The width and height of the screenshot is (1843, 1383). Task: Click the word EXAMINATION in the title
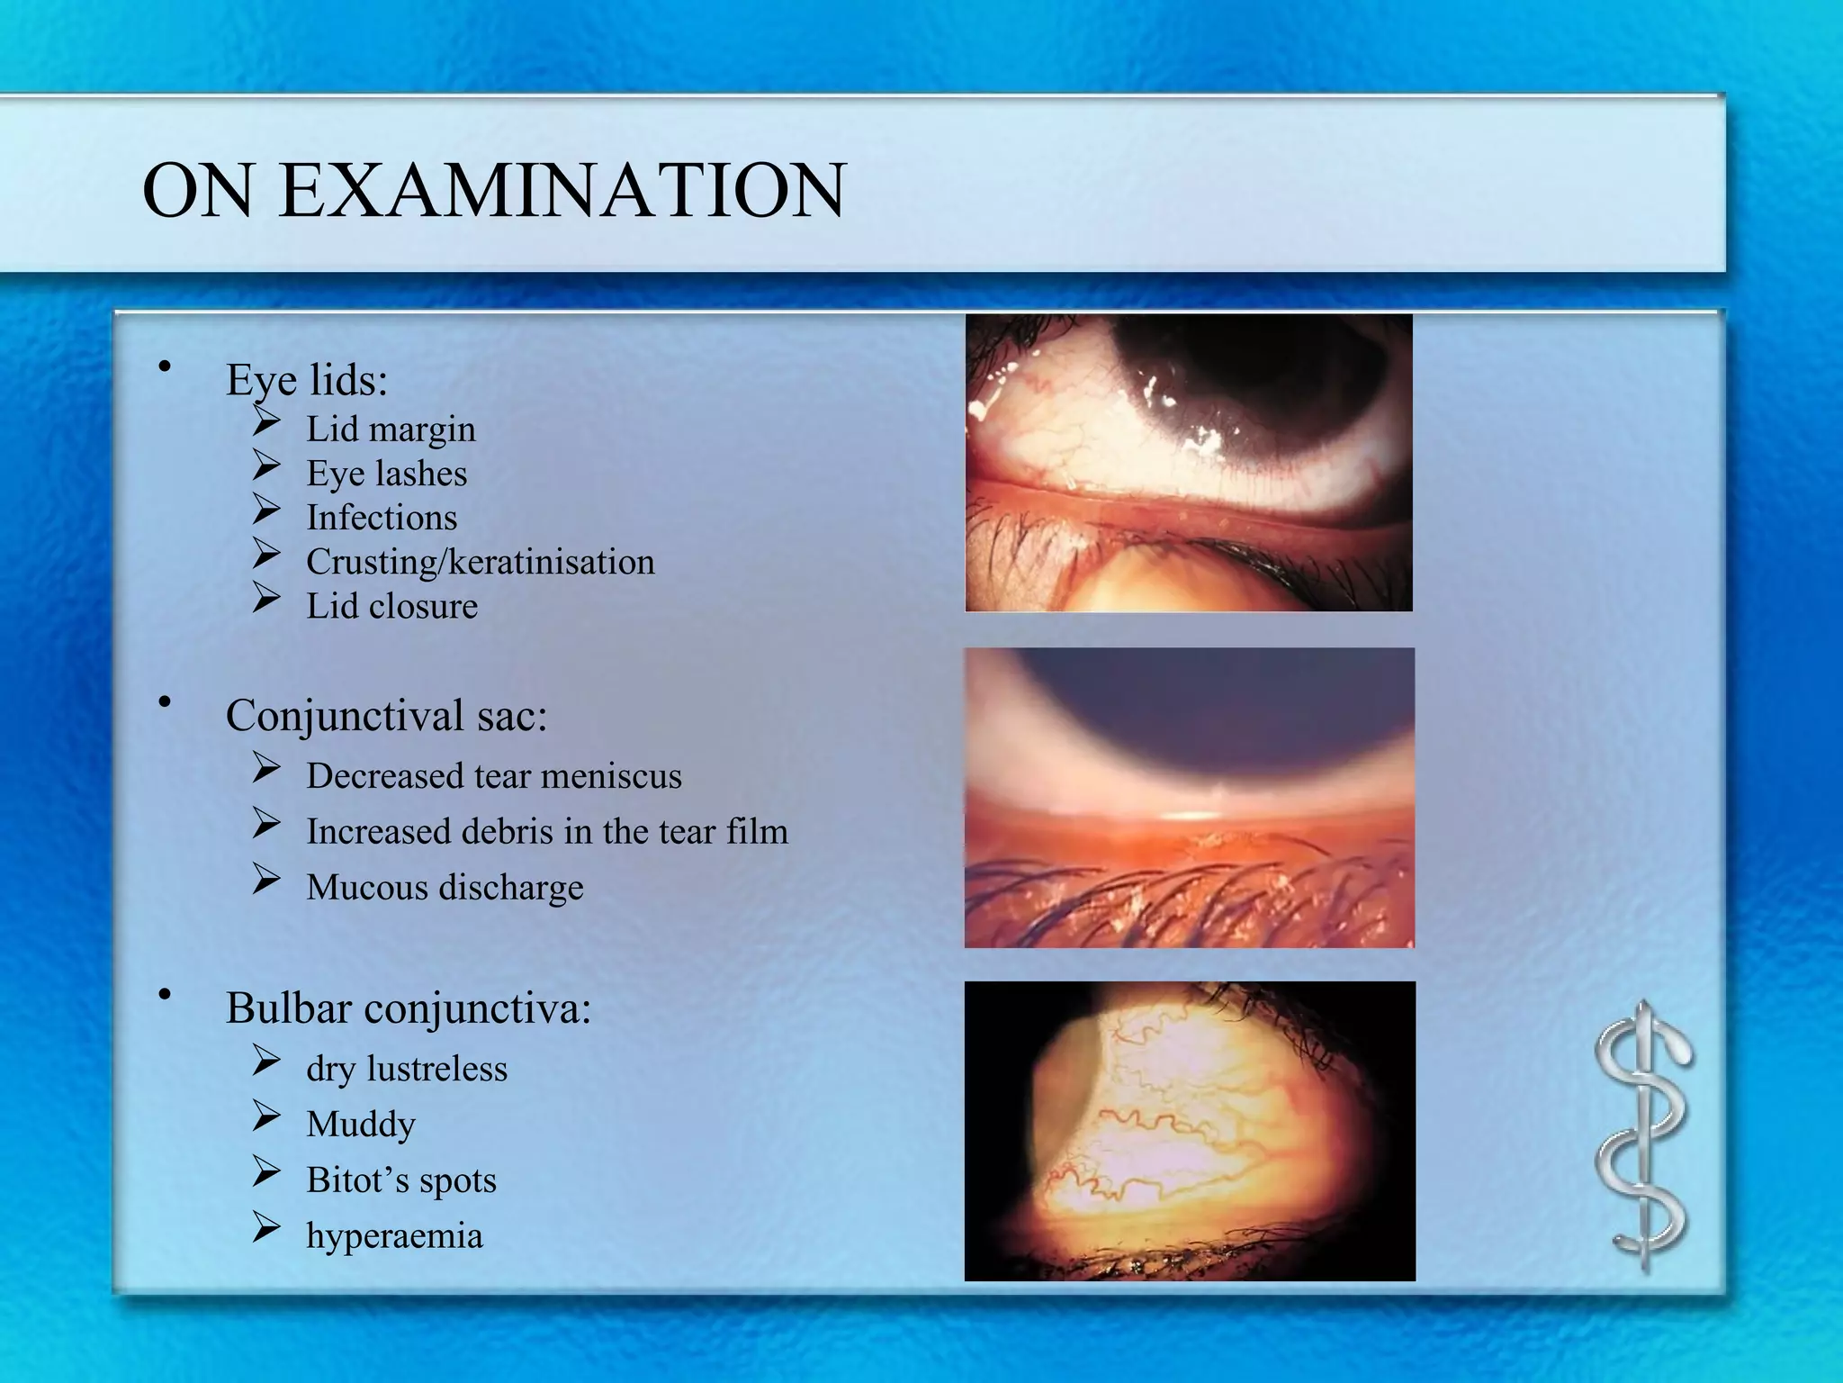click(x=562, y=191)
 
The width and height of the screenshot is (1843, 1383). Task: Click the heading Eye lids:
click(x=306, y=379)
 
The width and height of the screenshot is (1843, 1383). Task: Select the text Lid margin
click(x=391, y=429)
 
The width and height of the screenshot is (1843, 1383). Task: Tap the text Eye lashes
click(x=386, y=474)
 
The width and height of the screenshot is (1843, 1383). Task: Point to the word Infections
click(x=382, y=518)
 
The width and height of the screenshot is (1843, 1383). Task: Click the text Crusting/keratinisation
click(x=480, y=562)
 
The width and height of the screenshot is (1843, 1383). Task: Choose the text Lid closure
click(x=391, y=606)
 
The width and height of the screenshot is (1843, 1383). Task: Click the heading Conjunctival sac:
click(x=386, y=716)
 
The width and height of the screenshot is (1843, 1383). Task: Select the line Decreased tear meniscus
click(x=493, y=776)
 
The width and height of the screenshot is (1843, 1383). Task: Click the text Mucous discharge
click(x=445, y=888)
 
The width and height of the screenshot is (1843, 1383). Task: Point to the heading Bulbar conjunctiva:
click(x=408, y=1008)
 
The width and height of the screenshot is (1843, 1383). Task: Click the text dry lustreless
click(x=407, y=1069)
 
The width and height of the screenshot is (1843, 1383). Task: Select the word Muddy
click(x=361, y=1125)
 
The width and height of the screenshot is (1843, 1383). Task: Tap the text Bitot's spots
click(x=400, y=1180)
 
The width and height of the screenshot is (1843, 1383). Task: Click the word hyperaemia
click(x=394, y=1235)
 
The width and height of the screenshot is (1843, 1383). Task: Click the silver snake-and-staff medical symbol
click(x=1643, y=1136)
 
